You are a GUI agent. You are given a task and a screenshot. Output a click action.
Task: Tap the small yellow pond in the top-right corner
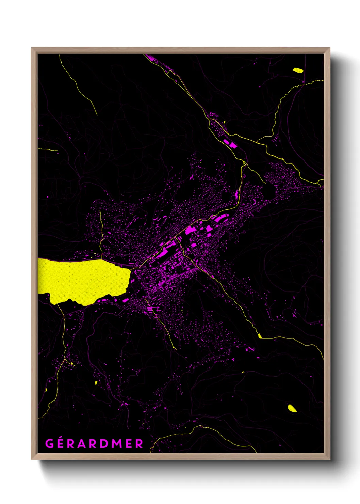click(298, 70)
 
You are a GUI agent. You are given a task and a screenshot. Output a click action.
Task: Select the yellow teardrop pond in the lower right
click(292, 408)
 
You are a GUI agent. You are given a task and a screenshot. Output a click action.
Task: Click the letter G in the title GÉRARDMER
click(49, 444)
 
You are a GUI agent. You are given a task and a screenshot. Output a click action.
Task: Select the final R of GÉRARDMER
click(139, 444)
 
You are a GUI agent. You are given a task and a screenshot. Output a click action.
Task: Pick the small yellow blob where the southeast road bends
click(260, 336)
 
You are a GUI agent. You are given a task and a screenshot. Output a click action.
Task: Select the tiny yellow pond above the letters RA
click(96, 383)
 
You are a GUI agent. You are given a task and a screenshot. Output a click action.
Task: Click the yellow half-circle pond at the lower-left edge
click(46, 390)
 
